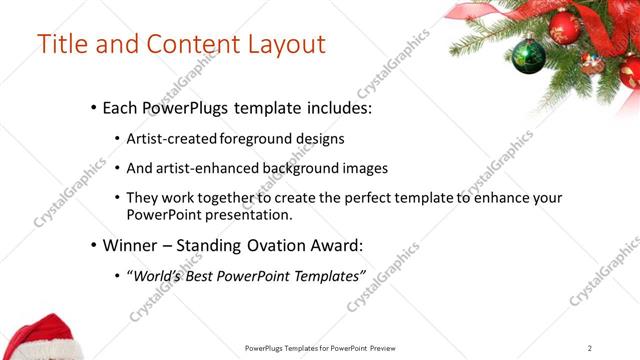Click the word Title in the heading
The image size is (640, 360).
59,44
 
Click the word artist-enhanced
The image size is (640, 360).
200,169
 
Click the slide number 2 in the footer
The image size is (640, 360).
590,348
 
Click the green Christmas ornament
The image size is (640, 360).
528,57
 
